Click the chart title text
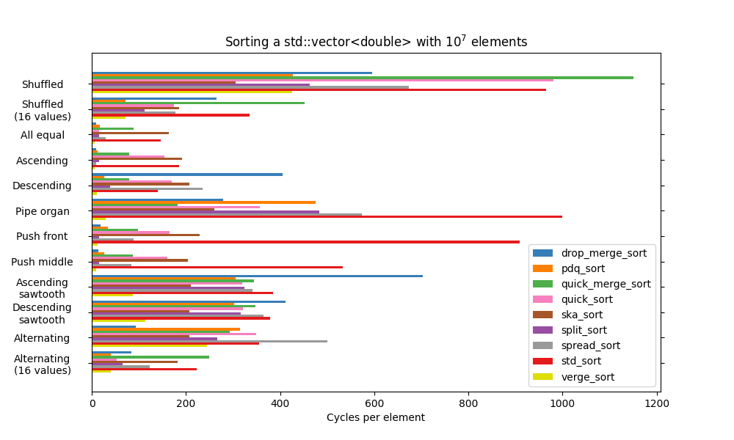pyautogui.click(x=376, y=42)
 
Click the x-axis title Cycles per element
pyautogui.click(x=375, y=417)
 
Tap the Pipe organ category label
pyautogui.click(x=43, y=211)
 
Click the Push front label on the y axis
pyautogui.click(x=42, y=236)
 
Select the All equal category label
pyautogui.click(x=43, y=135)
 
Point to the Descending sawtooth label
pyautogui.click(x=42, y=313)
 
